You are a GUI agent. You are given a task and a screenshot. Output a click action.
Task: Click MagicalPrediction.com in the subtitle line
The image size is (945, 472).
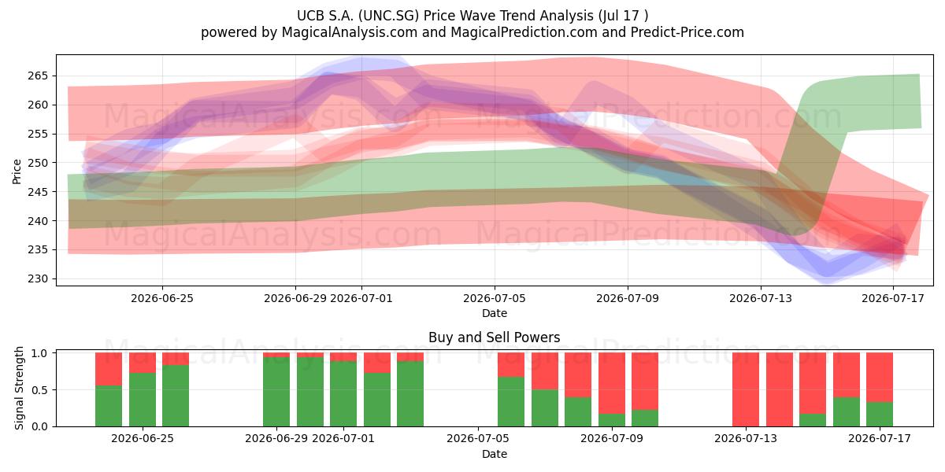click(524, 32)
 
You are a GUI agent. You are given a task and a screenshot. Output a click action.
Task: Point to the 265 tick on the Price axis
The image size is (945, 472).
click(38, 76)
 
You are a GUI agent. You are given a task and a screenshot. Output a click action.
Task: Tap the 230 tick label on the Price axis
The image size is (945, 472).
click(38, 278)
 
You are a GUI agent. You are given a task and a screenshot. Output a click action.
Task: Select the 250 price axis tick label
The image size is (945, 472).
click(38, 163)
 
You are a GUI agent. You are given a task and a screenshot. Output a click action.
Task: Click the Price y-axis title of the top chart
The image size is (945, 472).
click(17, 171)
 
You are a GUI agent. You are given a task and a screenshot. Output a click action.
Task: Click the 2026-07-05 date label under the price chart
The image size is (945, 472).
click(495, 298)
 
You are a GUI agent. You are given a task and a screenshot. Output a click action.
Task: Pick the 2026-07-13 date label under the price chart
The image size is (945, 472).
click(761, 298)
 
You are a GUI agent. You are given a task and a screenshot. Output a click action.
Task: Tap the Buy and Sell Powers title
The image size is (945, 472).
click(495, 337)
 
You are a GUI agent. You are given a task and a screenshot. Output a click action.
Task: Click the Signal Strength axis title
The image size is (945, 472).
click(19, 388)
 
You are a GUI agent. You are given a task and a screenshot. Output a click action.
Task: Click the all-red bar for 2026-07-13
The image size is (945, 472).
click(746, 389)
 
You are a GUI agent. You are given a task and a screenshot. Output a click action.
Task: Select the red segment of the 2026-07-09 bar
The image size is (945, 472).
click(612, 383)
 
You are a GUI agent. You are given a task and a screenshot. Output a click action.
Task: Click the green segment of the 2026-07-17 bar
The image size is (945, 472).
click(880, 415)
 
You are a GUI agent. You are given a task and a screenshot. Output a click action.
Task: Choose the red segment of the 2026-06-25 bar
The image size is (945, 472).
click(143, 363)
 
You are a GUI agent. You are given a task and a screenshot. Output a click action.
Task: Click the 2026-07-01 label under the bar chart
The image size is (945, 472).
click(343, 438)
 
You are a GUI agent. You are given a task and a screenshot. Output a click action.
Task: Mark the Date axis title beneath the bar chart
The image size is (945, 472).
click(495, 454)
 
